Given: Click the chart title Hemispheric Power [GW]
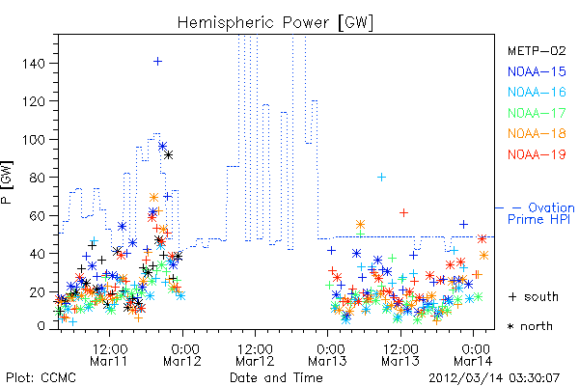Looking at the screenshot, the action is point(275,23).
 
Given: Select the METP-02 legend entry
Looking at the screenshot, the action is point(537,50).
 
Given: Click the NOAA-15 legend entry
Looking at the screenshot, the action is point(537,71).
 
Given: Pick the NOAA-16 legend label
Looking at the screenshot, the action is point(537,92).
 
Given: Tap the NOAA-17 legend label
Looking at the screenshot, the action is point(537,113).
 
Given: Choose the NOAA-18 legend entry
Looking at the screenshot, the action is point(537,133).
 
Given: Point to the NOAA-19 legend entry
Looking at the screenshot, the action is point(537,154).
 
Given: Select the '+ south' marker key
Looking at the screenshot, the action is point(534,296).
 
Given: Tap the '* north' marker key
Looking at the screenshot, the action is point(530,326).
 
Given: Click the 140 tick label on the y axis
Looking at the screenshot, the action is point(33,64).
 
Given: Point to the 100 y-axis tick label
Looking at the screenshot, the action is point(33,140).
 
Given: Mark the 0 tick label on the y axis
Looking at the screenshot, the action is point(41,326).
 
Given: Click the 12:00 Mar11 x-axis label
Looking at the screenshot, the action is point(109,355).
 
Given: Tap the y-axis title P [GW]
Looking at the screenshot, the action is point(7,182).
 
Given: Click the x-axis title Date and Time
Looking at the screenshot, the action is point(276,378).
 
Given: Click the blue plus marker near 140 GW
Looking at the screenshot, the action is point(157,62).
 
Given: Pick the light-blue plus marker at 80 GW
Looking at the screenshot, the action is point(381,178).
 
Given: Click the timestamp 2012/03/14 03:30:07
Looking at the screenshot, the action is point(494,378).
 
